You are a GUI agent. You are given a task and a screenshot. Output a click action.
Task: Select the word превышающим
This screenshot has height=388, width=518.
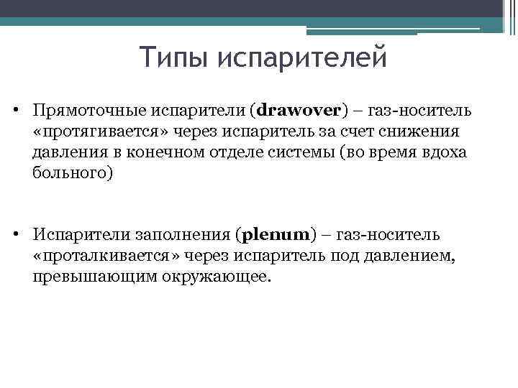(83, 277)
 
